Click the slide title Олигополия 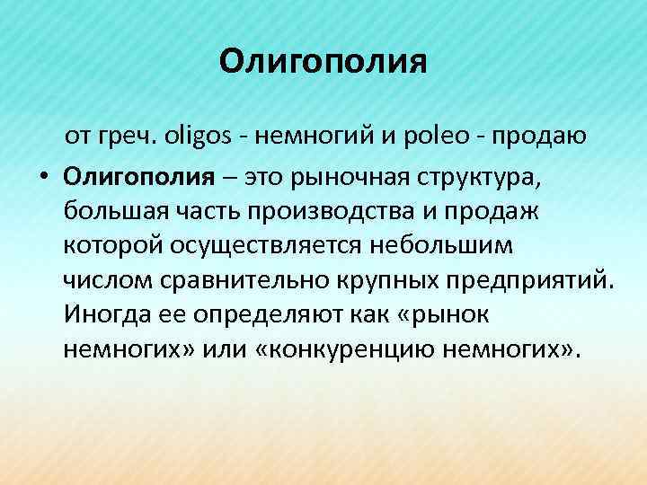click(323, 62)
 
